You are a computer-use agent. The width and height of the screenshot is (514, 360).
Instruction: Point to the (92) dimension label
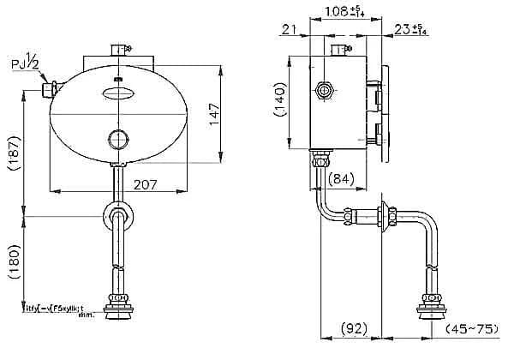point(354,327)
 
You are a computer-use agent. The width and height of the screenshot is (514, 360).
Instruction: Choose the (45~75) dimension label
point(475,327)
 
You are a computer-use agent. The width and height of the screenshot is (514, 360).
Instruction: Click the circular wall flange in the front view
point(119,216)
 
